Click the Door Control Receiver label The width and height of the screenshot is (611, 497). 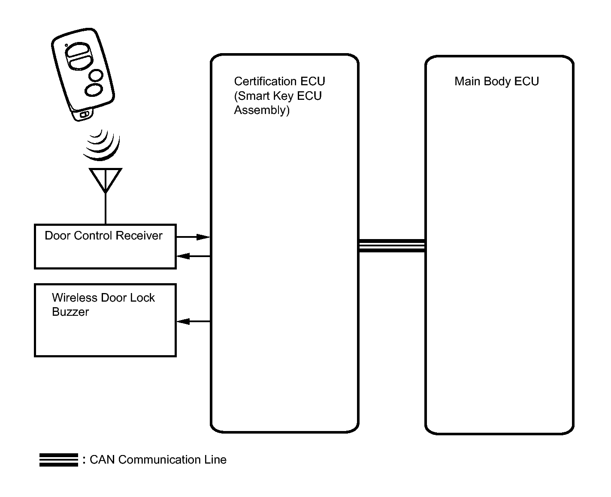[x=103, y=236]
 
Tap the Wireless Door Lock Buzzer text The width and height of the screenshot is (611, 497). [x=103, y=305]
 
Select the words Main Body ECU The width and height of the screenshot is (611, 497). [x=496, y=82]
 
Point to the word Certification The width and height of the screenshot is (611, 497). [x=265, y=81]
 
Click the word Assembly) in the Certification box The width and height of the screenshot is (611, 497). [x=262, y=110]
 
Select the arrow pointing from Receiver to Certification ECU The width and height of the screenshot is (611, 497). [x=193, y=237]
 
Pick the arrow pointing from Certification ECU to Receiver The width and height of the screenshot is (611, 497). [x=194, y=256]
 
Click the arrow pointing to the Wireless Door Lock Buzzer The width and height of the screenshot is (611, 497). [x=194, y=321]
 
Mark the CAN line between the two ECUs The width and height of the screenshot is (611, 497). [x=392, y=246]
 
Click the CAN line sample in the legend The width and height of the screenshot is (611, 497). [x=59, y=460]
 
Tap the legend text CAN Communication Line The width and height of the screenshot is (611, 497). [x=158, y=460]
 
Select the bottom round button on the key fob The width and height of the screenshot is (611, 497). [x=94, y=90]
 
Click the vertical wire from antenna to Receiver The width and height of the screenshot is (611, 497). [x=106, y=209]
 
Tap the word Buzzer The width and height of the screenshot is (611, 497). [x=70, y=312]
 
